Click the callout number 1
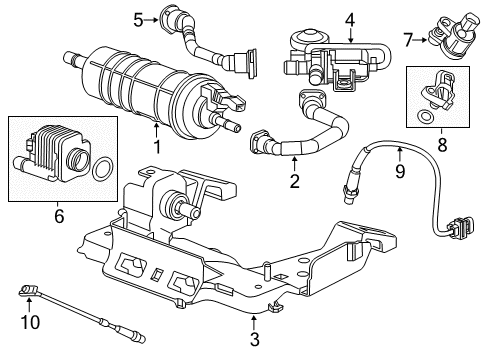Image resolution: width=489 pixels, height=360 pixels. pyautogui.click(x=155, y=147)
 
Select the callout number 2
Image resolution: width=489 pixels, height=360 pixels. pyautogui.click(x=295, y=182)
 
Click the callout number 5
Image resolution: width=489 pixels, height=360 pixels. pyautogui.click(x=138, y=17)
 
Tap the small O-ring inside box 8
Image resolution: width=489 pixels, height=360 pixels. pyautogui.click(x=428, y=116)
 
